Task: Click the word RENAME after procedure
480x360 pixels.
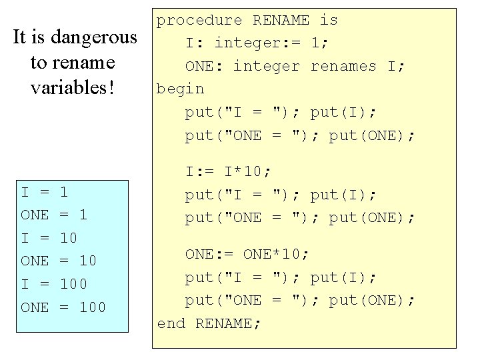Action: [281, 21]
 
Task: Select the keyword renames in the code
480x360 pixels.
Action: [343, 66]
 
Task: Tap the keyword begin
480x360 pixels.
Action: [180, 89]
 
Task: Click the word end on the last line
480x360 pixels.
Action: [171, 323]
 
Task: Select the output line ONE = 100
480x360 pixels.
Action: [63, 307]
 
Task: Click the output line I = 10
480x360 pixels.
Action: [49, 238]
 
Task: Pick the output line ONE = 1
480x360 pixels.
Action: [54, 215]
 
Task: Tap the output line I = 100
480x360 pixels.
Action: [54, 285]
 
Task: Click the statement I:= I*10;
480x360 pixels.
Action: [228, 172]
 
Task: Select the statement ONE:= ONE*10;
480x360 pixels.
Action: [247, 254]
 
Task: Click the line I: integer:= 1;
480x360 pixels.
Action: [256, 43]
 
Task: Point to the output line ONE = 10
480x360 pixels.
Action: [59, 261]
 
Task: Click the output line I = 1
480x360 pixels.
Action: [45, 193]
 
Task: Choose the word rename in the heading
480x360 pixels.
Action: [82, 63]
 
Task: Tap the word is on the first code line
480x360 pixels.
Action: [329, 21]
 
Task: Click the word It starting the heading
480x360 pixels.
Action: [20, 37]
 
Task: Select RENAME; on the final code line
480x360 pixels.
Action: [229, 323]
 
